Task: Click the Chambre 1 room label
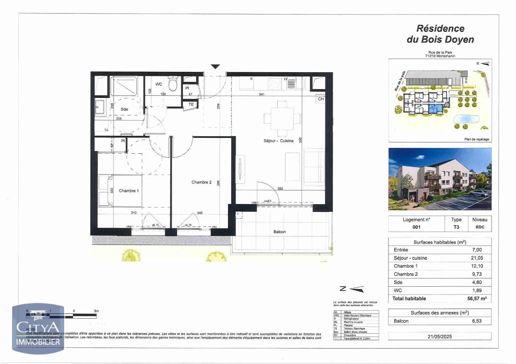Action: click(129, 191)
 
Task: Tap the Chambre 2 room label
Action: click(202, 182)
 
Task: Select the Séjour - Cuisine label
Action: click(278, 141)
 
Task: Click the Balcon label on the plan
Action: click(279, 232)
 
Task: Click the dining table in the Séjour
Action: click(282, 119)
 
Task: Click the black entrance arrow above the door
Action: click(215, 67)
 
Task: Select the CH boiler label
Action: click(321, 99)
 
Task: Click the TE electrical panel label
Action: click(191, 104)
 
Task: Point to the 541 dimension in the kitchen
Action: click(262, 94)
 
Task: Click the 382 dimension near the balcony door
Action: click(280, 188)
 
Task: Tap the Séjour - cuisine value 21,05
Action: click(477, 258)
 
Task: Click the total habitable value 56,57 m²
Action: click(477, 299)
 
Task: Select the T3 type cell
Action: click(456, 227)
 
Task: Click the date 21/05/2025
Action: click(440, 336)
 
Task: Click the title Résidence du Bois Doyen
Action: click(440, 34)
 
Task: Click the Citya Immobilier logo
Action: click(38, 329)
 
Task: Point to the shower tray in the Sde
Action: click(124, 86)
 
